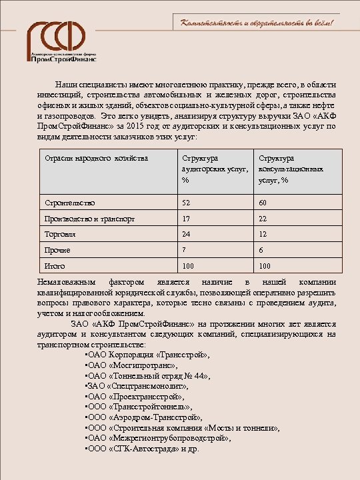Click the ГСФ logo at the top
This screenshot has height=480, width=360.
pos(63,41)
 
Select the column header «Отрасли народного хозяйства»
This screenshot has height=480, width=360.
pos(96,159)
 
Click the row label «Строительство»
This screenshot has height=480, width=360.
pos(69,202)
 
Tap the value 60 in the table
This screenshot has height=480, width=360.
pos(263,202)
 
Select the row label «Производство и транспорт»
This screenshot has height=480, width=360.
pos(89,218)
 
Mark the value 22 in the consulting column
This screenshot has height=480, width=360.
pos(263,218)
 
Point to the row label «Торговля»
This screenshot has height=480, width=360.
pos(60,235)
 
